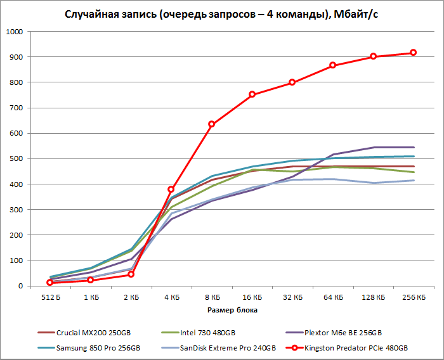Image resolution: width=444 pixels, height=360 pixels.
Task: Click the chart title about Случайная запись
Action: tap(223, 14)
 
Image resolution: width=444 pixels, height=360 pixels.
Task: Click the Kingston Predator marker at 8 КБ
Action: tap(211, 124)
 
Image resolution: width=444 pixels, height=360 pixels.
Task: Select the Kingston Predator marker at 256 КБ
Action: tap(413, 53)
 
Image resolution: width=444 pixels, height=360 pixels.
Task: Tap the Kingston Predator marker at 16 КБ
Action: tap(252, 94)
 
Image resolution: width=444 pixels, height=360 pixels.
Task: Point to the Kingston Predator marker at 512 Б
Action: tap(49, 283)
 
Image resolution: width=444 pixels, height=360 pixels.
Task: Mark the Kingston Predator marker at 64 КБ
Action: tap(332, 65)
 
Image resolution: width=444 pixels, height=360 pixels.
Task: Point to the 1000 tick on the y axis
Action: tap(13, 32)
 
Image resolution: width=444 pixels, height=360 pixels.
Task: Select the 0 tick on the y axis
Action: tap(20, 286)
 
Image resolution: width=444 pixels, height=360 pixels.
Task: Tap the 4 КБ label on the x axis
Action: tap(171, 297)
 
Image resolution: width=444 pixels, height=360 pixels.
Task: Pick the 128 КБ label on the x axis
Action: tap(373, 297)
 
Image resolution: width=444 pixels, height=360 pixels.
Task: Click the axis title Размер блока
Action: tap(232, 311)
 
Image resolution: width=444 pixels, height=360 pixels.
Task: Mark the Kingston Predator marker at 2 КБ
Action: tap(131, 274)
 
